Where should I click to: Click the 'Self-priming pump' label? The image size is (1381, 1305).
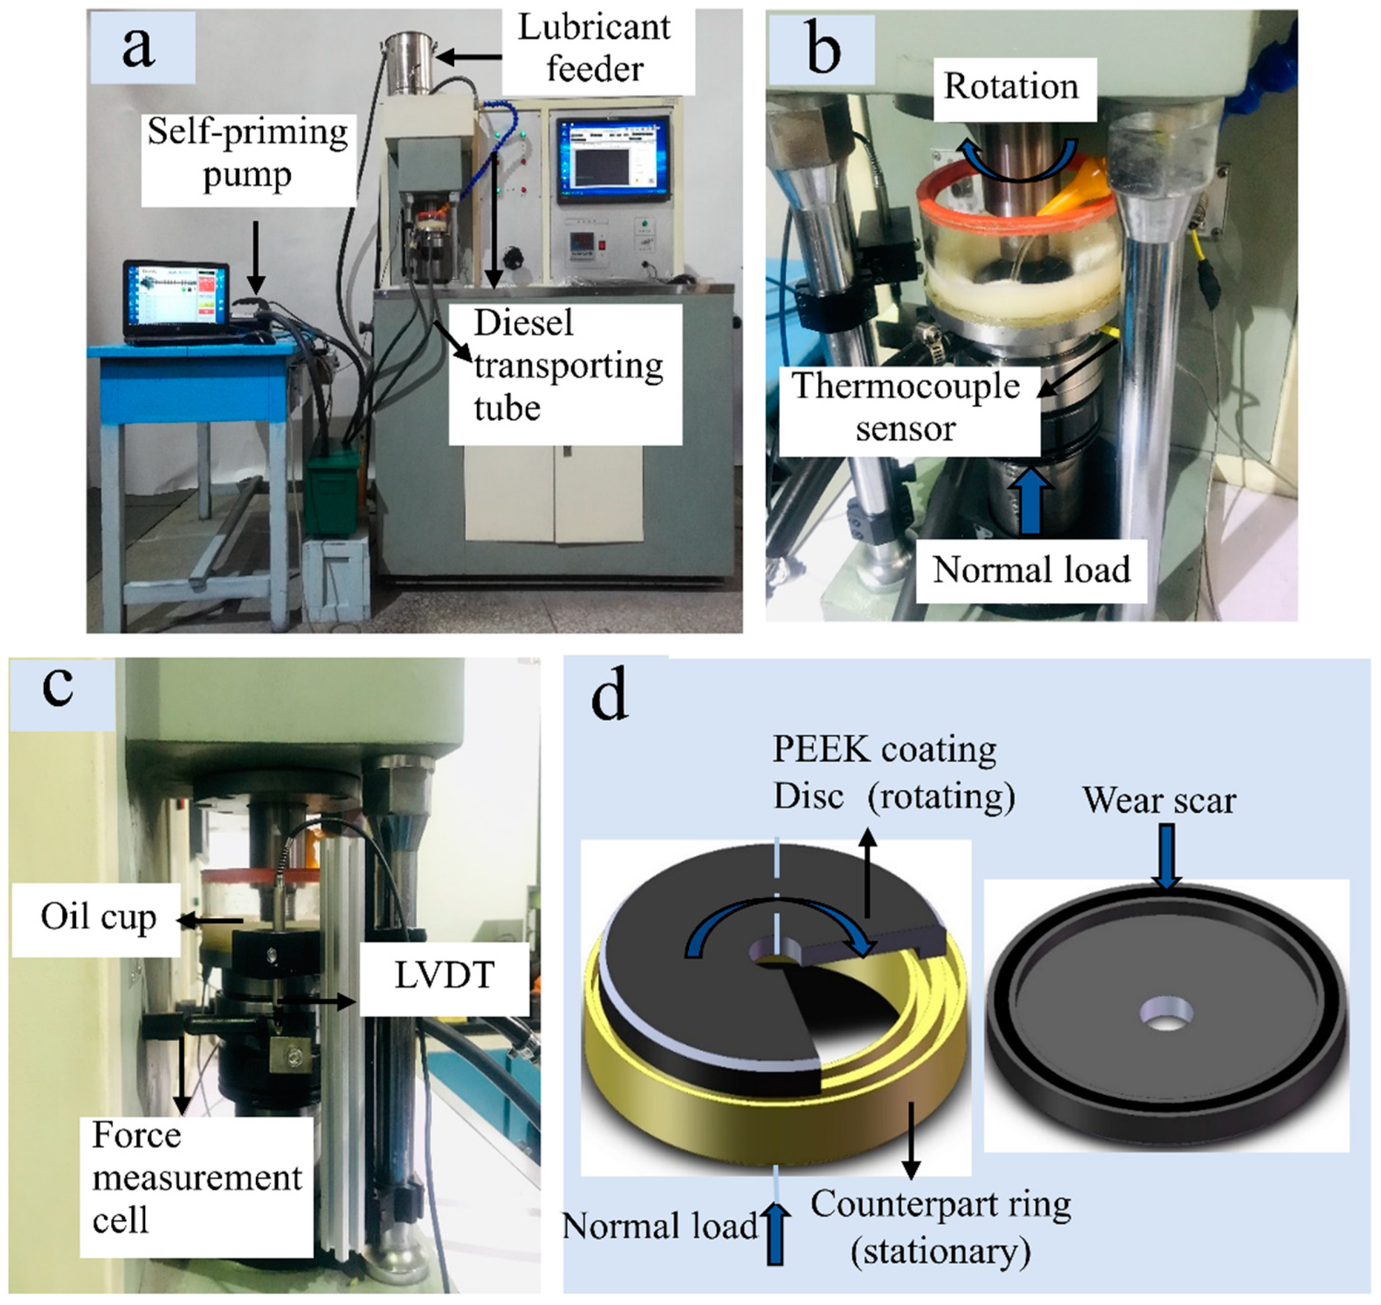click(247, 153)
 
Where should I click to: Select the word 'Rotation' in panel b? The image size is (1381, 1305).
click(1011, 87)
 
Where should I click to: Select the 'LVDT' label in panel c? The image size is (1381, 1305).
click(444, 976)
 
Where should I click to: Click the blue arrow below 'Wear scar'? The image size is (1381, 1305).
click(1167, 855)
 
